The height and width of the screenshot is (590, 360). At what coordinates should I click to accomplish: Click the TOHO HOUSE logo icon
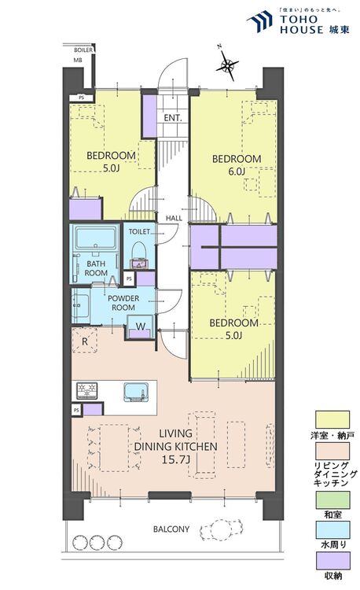pyautogui.click(x=259, y=20)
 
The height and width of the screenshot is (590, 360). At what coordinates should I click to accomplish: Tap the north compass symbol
pyautogui.click(x=227, y=66)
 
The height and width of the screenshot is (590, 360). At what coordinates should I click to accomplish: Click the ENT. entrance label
pyautogui.click(x=173, y=118)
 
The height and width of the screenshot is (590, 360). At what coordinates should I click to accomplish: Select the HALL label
pyautogui.click(x=174, y=218)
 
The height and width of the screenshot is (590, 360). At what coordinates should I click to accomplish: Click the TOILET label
pyautogui.click(x=139, y=232)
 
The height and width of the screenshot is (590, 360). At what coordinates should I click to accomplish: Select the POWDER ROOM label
pyautogui.click(x=123, y=303)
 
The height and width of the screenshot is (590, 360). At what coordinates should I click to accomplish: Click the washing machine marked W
pyautogui.click(x=141, y=326)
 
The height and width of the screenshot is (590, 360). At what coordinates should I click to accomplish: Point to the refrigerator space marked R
pyautogui.click(x=85, y=341)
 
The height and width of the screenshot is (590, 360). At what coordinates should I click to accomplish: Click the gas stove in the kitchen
pyautogui.click(x=87, y=390)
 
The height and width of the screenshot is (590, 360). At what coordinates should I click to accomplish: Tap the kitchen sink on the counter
pyautogui.click(x=135, y=393)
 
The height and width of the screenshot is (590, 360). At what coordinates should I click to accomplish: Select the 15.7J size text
pyautogui.click(x=176, y=459)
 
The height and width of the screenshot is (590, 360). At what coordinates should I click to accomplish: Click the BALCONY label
pyautogui.click(x=171, y=529)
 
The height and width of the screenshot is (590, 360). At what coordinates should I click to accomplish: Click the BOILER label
pyautogui.click(x=83, y=50)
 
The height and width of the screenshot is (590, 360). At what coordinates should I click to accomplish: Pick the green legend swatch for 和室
pyautogui.click(x=332, y=500)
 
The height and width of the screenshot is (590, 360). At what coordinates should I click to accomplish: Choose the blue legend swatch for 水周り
pyautogui.click(x=332, y=530)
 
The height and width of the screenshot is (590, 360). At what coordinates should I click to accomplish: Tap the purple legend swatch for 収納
pyautogui.click(x=332, y=561)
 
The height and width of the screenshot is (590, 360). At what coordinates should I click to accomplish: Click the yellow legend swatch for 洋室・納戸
pyautogui.click(x=332, y=419)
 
